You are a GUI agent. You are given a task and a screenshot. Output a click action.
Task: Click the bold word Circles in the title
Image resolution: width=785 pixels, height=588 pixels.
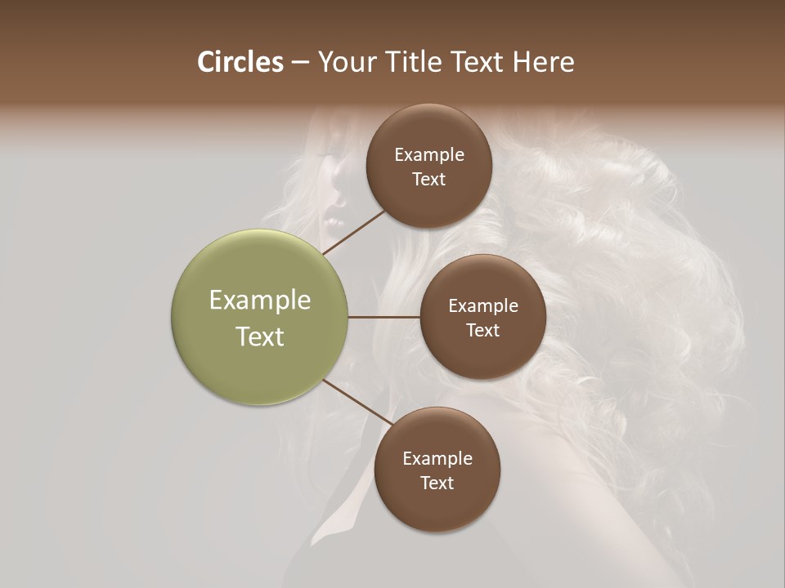pyautogui.click(x=240, y=62)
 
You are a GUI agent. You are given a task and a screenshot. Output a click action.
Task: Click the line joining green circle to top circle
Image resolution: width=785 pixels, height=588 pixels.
pyautogui.click(x=353, y=232)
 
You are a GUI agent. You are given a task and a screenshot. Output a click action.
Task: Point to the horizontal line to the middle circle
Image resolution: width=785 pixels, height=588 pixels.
pyautogui.click(x=384, y=317)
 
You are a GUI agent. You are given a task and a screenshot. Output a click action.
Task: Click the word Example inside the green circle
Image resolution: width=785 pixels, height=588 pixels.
pyautogui.click(x=260, y=301)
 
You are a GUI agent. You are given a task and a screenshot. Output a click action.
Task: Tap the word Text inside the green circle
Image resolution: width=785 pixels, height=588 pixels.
pyautogui.click(x=260, y=336)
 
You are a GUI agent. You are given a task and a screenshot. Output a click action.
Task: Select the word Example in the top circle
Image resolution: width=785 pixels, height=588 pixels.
pyautogui.click(x=428, y=155)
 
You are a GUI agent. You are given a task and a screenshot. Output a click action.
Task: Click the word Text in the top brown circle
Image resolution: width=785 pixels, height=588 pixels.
pyautogui.click(x=428, y=180)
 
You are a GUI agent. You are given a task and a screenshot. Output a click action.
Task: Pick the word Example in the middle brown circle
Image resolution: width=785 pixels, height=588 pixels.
pyautogui.click(x=482, y=306)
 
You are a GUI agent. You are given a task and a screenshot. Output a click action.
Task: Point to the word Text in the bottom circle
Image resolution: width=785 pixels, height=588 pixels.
pyautogui.click(x=437, y=483)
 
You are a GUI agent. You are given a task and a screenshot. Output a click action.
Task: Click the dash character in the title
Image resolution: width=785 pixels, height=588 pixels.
pyautogui.click(x=300, y=63)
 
